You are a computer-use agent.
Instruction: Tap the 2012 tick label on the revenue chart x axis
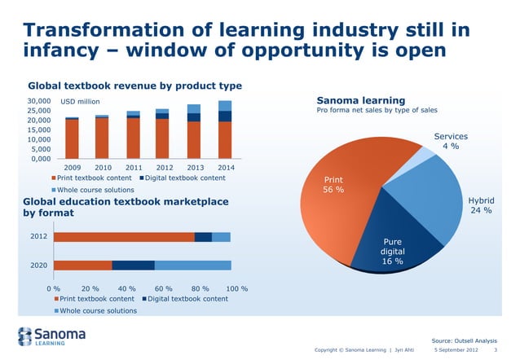pos(161,167)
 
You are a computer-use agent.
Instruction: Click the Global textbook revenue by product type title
pos(135,86)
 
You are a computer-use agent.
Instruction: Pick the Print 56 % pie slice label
pos(333,185)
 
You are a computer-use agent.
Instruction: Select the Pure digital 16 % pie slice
pos(391,236)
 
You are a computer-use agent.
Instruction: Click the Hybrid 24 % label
pos(481,205)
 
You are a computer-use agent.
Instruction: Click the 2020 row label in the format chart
pos(37,265)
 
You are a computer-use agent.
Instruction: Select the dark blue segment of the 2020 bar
pos(133,265)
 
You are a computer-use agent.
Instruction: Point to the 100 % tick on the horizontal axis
pos(236,288)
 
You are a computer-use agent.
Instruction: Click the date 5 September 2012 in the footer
pos(457,351)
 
